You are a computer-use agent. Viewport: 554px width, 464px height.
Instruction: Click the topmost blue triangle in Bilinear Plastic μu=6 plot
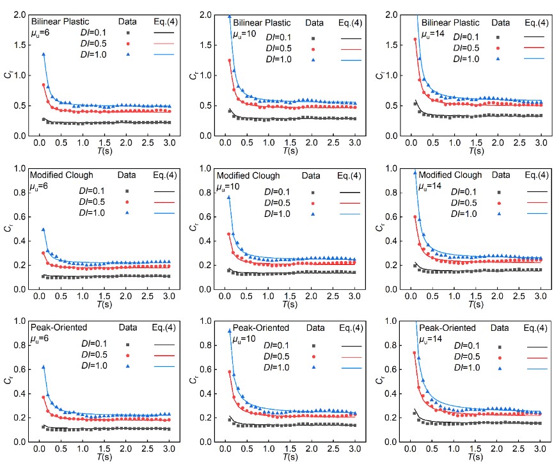(44, 54)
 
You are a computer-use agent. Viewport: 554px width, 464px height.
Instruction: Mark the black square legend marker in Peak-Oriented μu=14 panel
(500, 346)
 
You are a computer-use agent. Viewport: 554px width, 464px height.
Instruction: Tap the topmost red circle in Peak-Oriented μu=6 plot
(44, 397)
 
